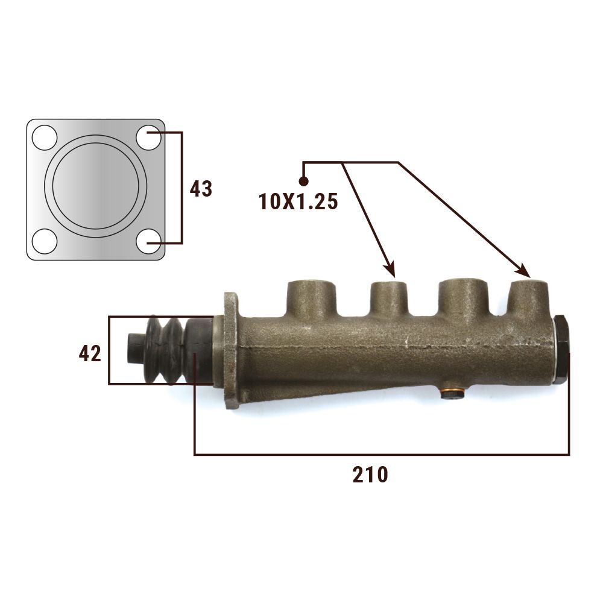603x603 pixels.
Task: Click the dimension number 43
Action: (x=201, y=189)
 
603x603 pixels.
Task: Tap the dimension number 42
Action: (x=90, y=353)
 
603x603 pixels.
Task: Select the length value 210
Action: (x=370, y=475)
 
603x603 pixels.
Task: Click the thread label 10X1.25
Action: (x=298, y=201)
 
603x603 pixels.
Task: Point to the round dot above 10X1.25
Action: (x=303, y=181)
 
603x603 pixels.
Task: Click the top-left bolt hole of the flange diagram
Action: (x=45, y=137)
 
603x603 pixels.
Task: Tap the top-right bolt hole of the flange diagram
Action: (x=148, y=137)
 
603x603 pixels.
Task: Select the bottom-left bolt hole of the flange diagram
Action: (x=45, y=242)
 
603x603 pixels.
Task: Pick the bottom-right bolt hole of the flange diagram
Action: (x=148, y=242)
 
